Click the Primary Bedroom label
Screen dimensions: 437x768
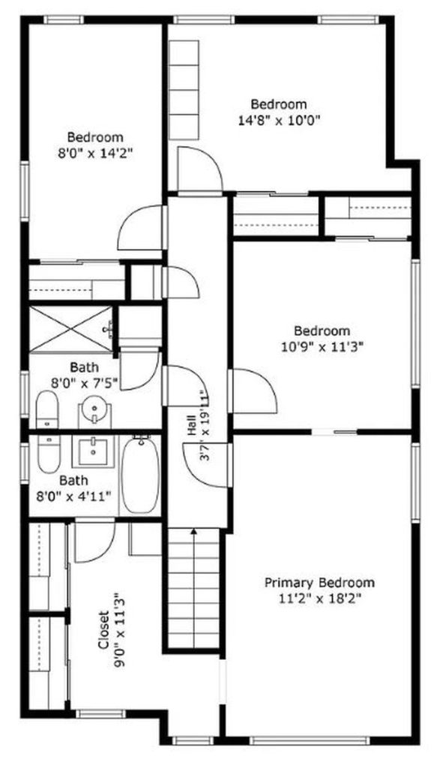319,583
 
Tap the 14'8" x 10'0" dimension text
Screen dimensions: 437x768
279,120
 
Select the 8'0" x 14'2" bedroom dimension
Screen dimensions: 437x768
95,153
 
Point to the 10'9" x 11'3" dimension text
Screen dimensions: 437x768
322,347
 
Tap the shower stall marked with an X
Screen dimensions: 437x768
71,328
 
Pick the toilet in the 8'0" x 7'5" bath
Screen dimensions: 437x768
47,409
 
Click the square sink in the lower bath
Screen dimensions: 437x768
93,451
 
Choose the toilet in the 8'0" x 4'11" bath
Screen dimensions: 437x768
48,454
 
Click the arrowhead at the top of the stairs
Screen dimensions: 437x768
194,531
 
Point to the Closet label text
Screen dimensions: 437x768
103,629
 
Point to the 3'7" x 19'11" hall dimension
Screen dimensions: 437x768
205,424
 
